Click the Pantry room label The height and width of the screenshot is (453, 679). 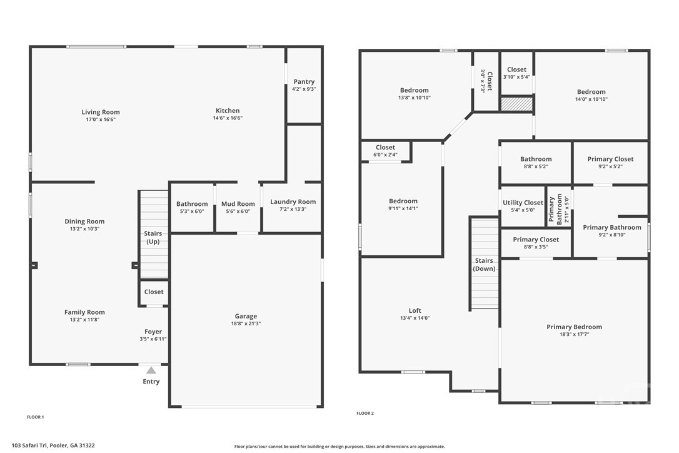(304, 82)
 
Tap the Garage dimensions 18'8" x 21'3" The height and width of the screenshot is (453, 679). (246, 324)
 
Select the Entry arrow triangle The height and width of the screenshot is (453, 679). (151, 370)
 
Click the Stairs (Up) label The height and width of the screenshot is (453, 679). (153, 238)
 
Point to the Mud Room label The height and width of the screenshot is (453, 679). (238, 204)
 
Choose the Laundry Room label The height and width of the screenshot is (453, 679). (293, 202)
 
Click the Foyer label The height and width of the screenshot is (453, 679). (153, 332)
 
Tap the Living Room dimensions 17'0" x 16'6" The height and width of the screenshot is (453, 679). (100, 120)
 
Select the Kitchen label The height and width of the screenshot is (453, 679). (228, 111)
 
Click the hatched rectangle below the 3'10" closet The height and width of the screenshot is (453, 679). (517, 104)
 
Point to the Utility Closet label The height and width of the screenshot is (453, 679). (523, 203)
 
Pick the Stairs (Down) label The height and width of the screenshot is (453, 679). (484, 265)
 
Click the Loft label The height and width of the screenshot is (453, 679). (415, 310)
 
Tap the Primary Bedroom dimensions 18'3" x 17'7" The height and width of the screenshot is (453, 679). (574, 335)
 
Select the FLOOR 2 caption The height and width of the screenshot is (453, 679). (365, 413)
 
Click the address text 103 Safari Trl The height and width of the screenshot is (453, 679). (53, 445)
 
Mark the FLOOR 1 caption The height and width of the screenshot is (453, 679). (35, 417)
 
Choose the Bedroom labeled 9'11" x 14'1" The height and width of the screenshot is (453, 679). (403, 201)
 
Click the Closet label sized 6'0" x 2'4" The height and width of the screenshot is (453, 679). (385, 148)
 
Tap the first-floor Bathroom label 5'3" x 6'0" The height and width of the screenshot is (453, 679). (192, 204)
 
